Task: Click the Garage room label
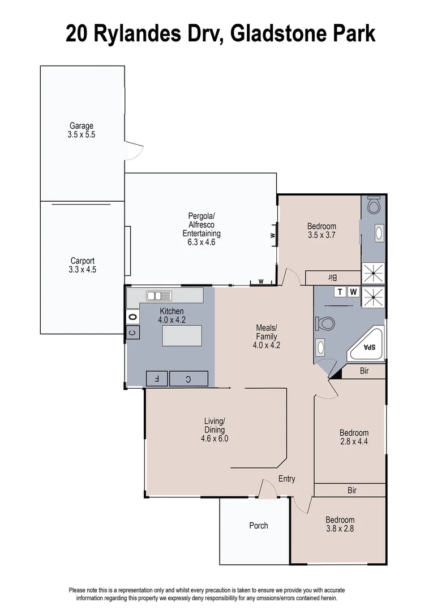coord(82,126)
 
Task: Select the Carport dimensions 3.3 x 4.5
coord(83,270)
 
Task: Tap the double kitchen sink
coord(159,295)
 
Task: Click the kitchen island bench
coord(181,335)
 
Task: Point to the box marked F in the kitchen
coord(157,379)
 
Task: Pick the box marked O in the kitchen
coord(132,316)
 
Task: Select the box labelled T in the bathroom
coord(340,292)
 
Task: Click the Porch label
coord(259,525)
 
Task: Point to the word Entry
coord(286,479)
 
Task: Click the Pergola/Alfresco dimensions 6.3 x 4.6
coord(202,242)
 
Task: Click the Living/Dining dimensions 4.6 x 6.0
coord(215,438)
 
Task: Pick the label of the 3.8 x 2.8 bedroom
coord(340,520)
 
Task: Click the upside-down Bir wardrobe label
coord(332,278)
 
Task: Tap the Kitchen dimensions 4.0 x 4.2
coord(173,320)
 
